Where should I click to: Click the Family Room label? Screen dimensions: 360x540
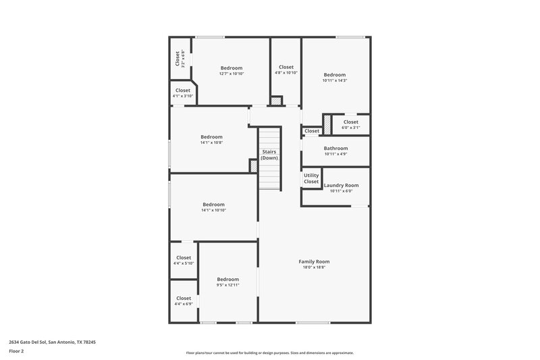point(314,261)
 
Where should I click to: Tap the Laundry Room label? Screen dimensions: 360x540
point(341,185)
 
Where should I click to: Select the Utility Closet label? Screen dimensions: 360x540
point(311,178)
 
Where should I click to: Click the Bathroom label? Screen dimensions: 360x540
point(335,148)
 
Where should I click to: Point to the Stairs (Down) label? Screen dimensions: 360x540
point(269,155)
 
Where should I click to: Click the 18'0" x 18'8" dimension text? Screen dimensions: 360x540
point(314,267)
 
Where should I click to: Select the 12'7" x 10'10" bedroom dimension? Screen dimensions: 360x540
point(232,74)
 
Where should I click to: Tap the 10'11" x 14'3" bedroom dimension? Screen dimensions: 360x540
point(335,80)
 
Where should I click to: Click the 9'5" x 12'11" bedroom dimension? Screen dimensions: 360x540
point(227,285)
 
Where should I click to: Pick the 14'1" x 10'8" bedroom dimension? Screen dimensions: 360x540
point(211,143)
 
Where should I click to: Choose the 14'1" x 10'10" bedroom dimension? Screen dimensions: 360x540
point(213,210)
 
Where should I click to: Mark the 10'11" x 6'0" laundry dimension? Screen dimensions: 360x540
point(341,191)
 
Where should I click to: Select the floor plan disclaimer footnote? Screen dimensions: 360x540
point(270,353)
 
